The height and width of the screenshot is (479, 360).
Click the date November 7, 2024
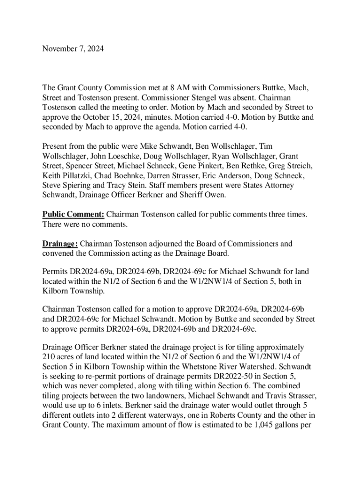click(73, 49)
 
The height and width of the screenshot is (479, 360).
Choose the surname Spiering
click(78, 185)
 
